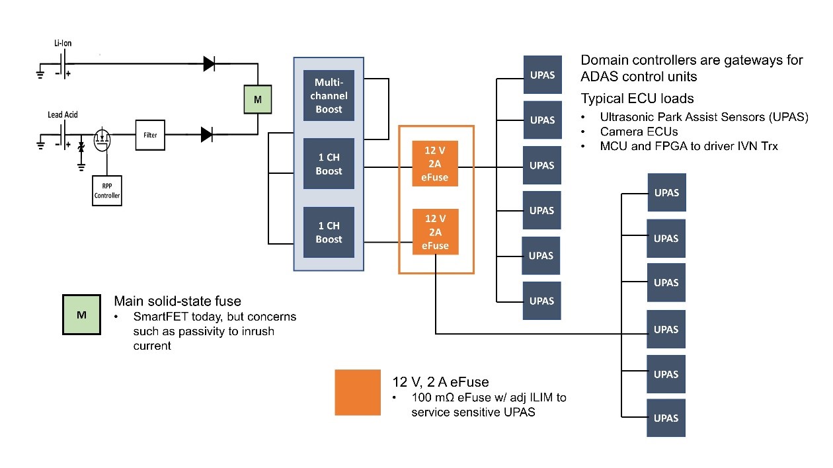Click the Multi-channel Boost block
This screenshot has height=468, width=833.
[329, 95]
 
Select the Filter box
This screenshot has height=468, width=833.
[150, 134]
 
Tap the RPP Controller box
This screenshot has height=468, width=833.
[107, 191]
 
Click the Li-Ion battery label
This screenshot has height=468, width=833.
[63, 44]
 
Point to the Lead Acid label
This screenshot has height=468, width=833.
[63, 114]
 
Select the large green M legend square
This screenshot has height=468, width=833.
[81, 315]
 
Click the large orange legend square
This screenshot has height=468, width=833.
[358, 392]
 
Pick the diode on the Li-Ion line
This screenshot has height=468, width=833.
[208, 63]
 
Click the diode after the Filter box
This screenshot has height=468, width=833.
[207, 135]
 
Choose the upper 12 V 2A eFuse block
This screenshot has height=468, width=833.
[435, 163]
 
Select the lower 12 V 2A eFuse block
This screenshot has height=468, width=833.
[435, 232]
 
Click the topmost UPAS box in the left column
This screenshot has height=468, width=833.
[542, 75]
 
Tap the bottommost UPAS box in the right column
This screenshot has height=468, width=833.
[666, 418]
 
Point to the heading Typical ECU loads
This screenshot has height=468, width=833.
[637, 98]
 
